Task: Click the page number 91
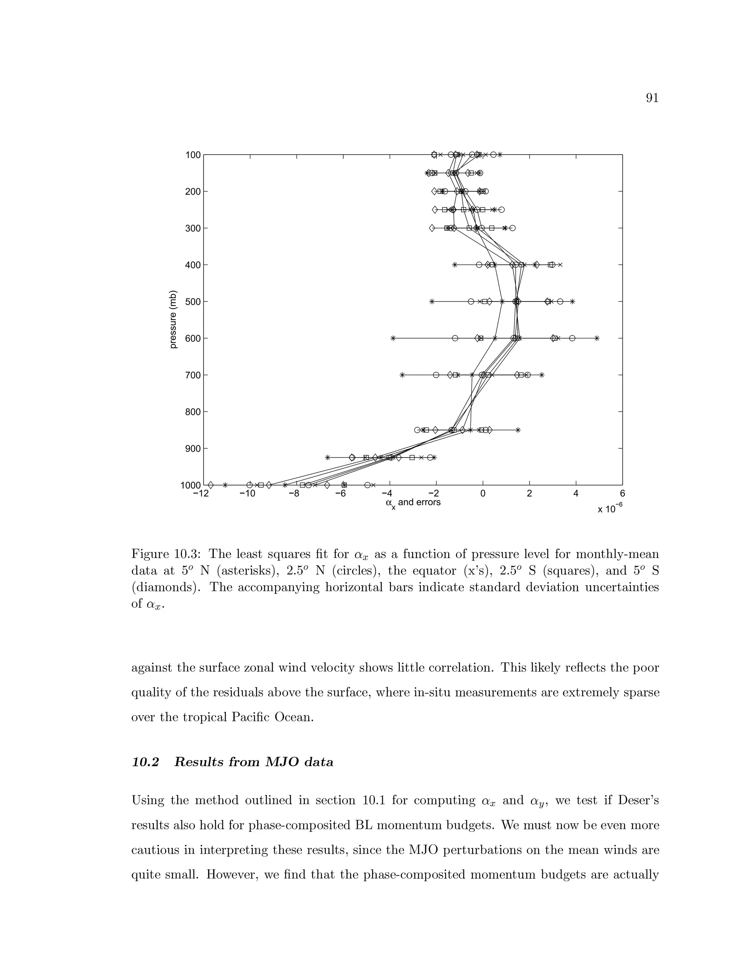(x=652, y=98)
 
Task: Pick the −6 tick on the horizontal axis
(x=341, y=494)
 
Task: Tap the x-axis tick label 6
(x=623, y=494)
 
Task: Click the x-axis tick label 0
(x=483, y=494)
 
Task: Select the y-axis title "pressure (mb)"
(x=174, y=319)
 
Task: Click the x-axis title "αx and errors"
(x=413, y=503)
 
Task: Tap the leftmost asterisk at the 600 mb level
(x=392, y=338)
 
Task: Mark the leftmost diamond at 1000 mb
(x=211, y=485)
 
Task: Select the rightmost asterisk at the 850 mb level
(x=518, y=430)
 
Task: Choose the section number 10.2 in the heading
(x=145, y=762)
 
